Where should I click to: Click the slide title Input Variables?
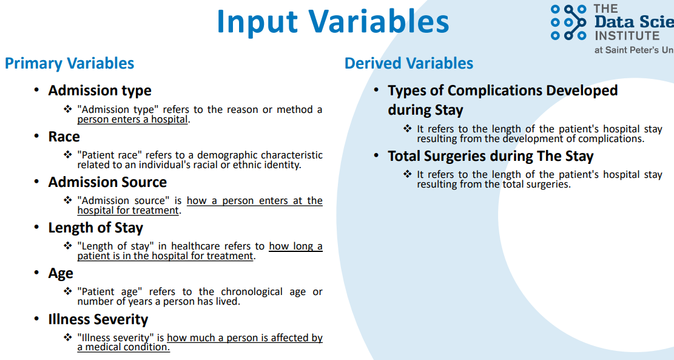pos(332,21)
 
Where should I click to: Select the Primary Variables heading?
pos(69,64)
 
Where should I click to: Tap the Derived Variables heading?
pos(409,63)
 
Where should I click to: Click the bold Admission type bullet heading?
pos(99,90)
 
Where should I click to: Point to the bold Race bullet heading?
pos(64,137)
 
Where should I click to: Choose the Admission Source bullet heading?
pos(107,182)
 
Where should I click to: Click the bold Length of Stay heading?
pos(95,228)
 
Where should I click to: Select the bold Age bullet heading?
pos(61,274)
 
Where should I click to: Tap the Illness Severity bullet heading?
pos(98,319)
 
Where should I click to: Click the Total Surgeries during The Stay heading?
pos(490,156)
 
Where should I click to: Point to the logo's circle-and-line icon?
pos(568,22)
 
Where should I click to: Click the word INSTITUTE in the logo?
pos(627,36)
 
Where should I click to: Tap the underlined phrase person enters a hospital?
pos(132,120)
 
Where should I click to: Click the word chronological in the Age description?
pos(252,291)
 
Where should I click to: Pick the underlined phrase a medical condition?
pos(123,347)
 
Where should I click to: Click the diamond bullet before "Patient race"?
pos(67,154)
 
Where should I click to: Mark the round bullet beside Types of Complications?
pos(377,90)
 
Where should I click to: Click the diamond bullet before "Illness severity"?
pos(67,337)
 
